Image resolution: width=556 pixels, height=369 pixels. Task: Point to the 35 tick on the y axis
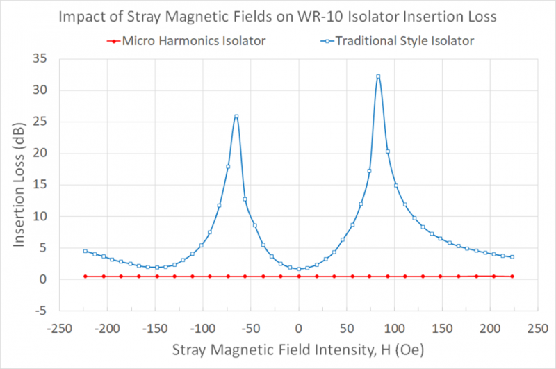(42, 58)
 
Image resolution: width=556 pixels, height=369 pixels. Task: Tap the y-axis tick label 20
(42, 153)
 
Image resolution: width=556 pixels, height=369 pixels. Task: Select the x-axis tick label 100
(395, 327)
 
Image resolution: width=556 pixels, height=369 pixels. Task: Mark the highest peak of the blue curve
(378, 76)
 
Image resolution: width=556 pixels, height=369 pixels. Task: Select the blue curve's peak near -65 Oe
(236, 116)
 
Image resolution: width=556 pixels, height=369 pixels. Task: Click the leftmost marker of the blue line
(85, 251)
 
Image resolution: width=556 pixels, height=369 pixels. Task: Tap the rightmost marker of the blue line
(512, 257)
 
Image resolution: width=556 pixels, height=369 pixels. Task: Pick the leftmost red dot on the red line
(85, 277)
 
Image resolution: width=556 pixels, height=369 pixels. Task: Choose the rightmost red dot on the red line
(512, 277)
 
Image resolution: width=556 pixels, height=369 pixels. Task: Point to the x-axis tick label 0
(299, 327)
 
